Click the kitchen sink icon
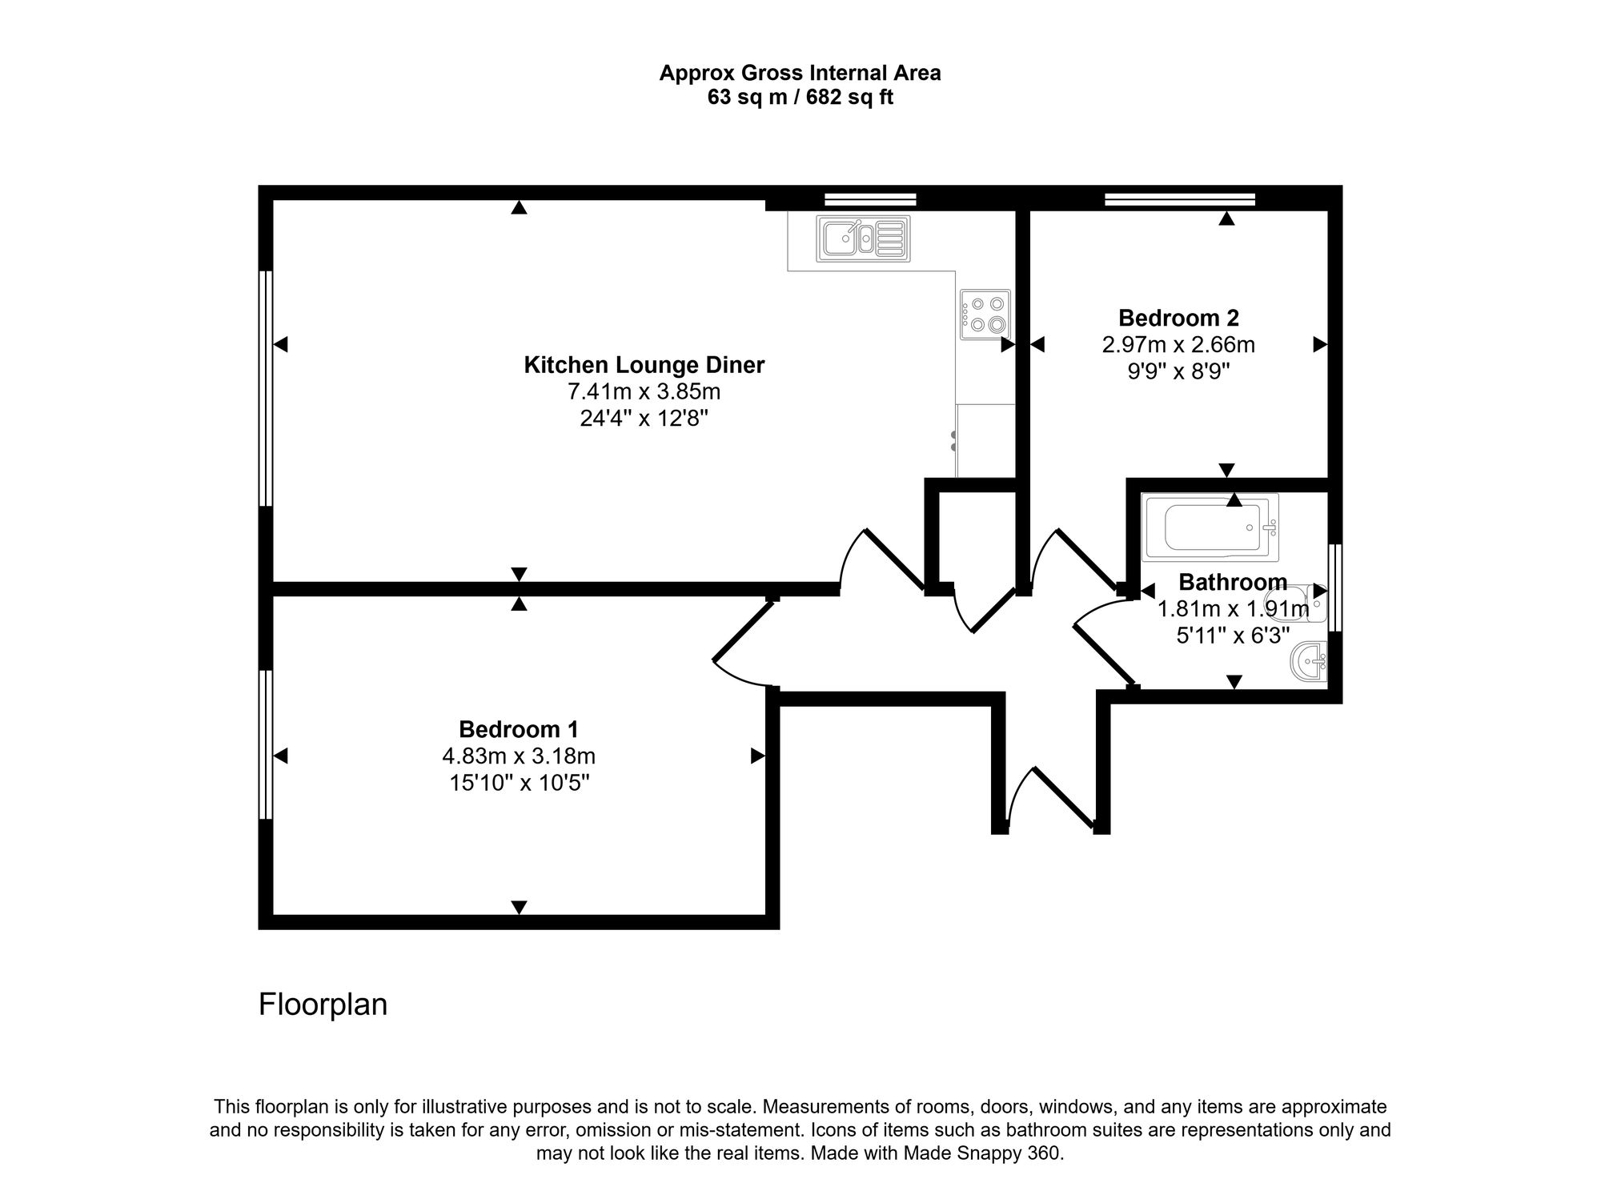pyautogui.click(x=863, y=239)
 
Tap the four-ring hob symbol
pyautogui.click(x=985, y=315)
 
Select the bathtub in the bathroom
pyautogui.click(x=1210, y=527)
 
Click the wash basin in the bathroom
pyautogui.click(x=1310, y=662)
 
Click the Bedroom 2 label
pyautogui.click(x=1178, y=318)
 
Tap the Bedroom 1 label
pyautogui.click(x=518, y=729)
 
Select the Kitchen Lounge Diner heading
pyautogui.click(x=644, y=365)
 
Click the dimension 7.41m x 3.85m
pyautogui.click(x=644, y=392)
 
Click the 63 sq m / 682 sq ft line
pyautogui.click(x=800, y=98)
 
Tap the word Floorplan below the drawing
pyautogui.click(x=323, y=1005)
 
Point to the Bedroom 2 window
pyautogui.click(x=1179, y=199)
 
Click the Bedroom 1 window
pyautogui.click(x=266, y=744)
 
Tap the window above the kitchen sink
pyautogui.click(x=870, y=199)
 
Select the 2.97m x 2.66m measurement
pyautogui.click(x=1178, y=345)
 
